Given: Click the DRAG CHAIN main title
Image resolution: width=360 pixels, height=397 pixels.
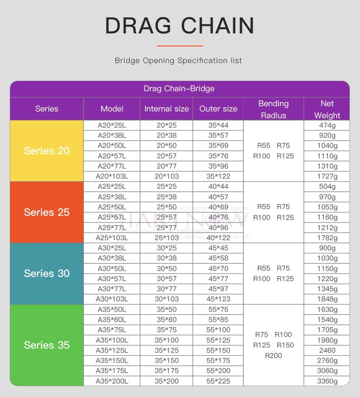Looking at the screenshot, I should point(180,26).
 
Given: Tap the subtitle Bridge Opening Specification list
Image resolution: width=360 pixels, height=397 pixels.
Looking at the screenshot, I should point(178,60).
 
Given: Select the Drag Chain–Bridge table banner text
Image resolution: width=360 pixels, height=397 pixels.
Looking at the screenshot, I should point(179,89).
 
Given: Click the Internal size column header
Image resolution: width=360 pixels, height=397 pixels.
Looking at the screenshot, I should point(166,109).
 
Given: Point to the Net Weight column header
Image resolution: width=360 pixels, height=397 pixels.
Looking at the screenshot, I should point(327,109).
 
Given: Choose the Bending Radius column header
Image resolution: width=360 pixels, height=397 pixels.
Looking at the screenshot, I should point(273,109).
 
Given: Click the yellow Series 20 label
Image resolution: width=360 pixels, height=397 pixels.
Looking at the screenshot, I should point(47,151).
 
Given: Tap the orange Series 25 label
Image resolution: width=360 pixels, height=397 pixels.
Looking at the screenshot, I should point(47,212).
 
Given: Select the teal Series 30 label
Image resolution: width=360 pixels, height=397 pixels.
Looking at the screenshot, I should point(47,274).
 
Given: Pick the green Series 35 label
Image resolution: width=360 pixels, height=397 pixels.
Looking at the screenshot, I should point(47,345).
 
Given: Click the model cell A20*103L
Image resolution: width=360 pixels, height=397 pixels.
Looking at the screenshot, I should point(112,176).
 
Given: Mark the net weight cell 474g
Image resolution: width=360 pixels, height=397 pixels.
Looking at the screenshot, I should point(327,125).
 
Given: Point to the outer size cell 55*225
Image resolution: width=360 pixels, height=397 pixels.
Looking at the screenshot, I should point(218,381).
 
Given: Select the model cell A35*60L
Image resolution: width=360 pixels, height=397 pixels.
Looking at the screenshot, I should point(112,320).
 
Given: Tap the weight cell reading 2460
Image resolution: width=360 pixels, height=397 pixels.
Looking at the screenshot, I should point(327,350).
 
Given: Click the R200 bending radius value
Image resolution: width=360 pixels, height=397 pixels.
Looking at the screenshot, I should point(273,356).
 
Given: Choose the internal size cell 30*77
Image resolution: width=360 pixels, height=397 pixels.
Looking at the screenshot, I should point(166,289).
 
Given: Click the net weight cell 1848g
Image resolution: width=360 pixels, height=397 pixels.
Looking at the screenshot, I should point(327,299).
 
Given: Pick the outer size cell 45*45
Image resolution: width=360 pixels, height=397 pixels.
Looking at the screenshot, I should point(218,248).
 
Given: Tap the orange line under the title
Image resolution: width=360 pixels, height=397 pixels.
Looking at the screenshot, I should point(180,46).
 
